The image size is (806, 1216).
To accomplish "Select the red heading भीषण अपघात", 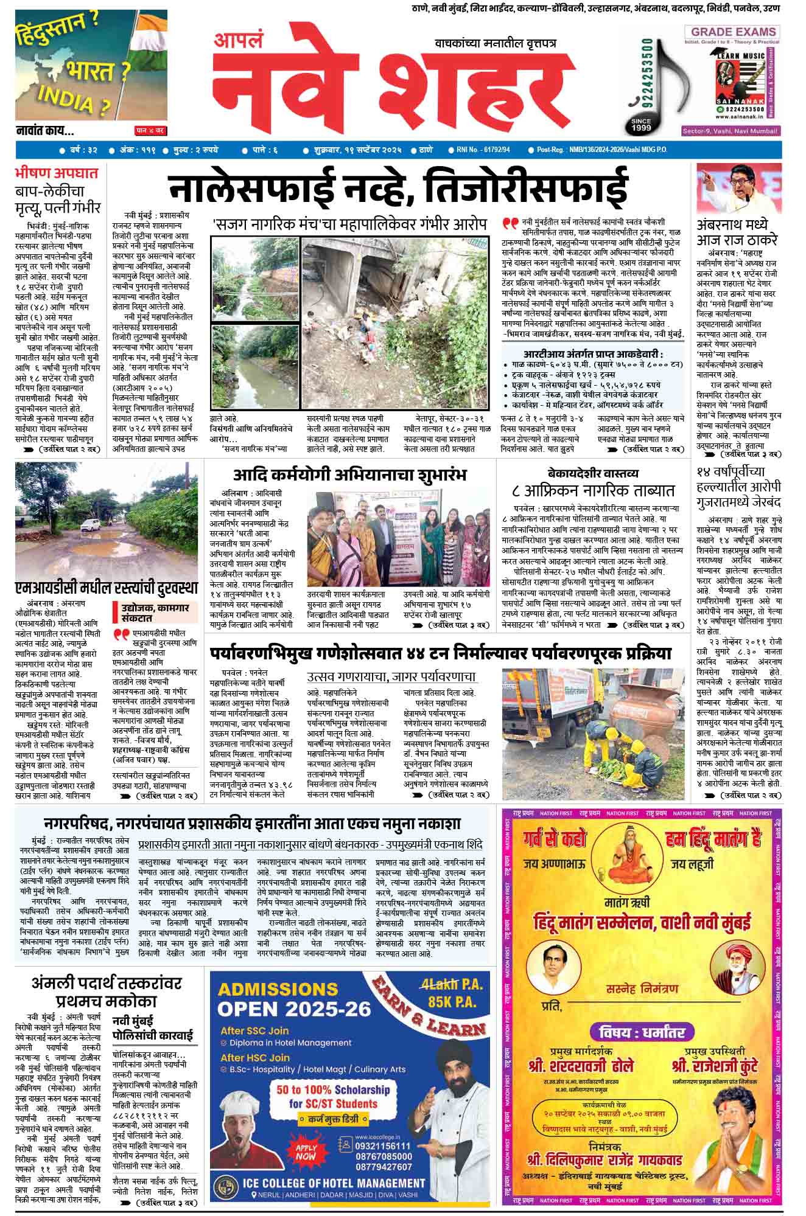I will pos(56,173).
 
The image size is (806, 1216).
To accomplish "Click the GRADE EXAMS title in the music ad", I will pos(731,32).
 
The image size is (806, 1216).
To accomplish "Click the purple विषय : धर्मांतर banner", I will pos(641,1032).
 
